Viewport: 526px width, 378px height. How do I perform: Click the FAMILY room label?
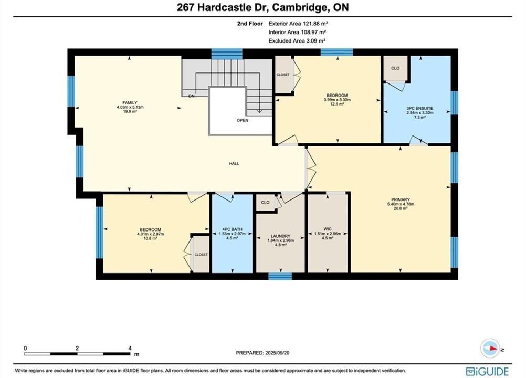pos(130,102)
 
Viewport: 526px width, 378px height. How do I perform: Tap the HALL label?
pos(234,164)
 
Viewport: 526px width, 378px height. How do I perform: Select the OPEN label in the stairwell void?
pos(243,120)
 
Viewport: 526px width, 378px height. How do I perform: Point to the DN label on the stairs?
pos(191,96)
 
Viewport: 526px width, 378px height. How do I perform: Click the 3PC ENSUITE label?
pos(419,108)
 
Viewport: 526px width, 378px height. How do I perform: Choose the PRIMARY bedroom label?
pos(401,199)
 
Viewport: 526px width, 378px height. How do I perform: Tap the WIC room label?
pos(328,229)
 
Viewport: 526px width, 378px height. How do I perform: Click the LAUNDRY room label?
pos(280,236)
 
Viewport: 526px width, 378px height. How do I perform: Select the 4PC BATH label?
pos(232,229)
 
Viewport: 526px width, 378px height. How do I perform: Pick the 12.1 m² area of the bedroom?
pos(337,104)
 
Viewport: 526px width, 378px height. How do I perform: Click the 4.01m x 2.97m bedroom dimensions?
pos(151,234)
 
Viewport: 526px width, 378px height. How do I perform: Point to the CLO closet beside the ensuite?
pos(395,68)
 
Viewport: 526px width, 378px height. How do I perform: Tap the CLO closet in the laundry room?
pos(265,203)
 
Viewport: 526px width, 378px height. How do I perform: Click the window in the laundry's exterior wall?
pos(280,276)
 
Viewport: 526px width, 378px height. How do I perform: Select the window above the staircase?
pos(227,54)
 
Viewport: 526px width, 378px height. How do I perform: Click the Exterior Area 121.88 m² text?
pos(298,24)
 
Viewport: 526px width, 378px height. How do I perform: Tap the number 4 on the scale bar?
pos(130,348)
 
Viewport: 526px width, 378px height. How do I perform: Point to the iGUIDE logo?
pos(488,371)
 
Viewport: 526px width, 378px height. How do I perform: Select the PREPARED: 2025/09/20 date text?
pos(262,353)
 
